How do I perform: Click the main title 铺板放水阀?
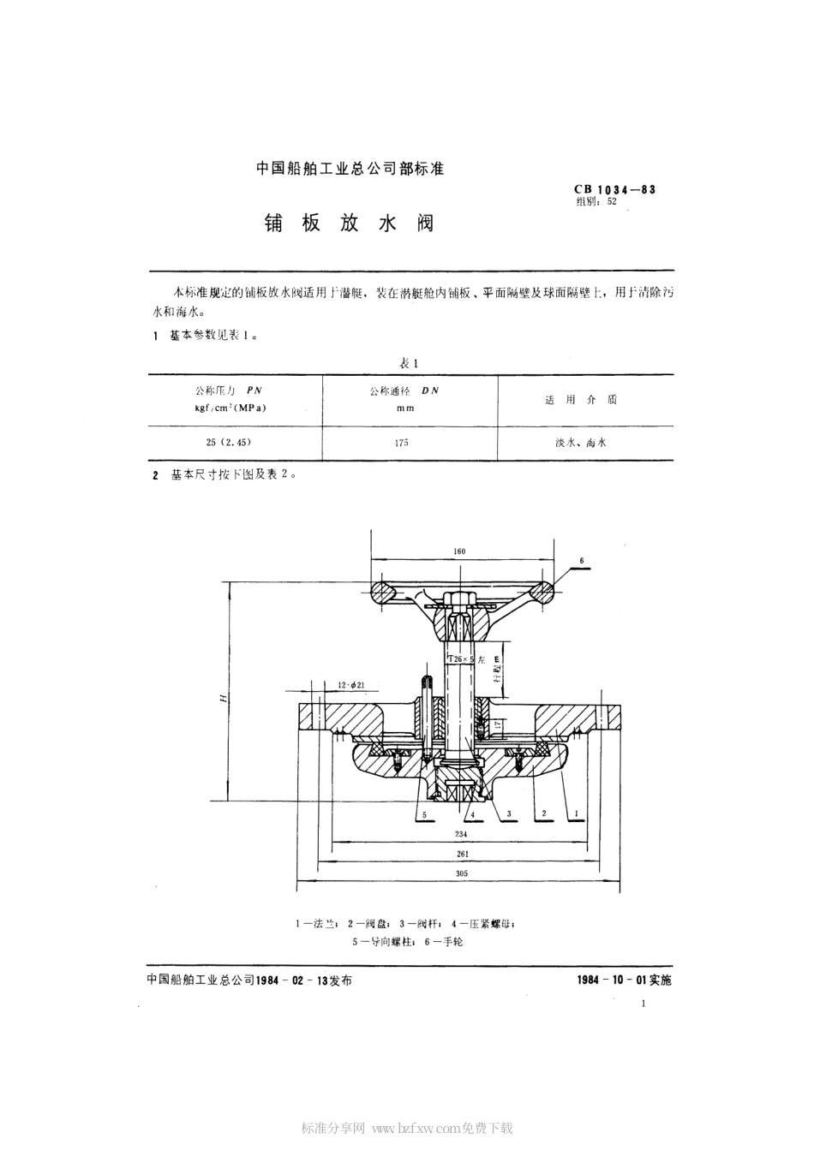click(x=350, y=224)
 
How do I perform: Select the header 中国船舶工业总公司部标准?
click(x=350, y=169)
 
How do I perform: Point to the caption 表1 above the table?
click(x=408, y=363)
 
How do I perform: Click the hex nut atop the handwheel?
click(x=457, y=596)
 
